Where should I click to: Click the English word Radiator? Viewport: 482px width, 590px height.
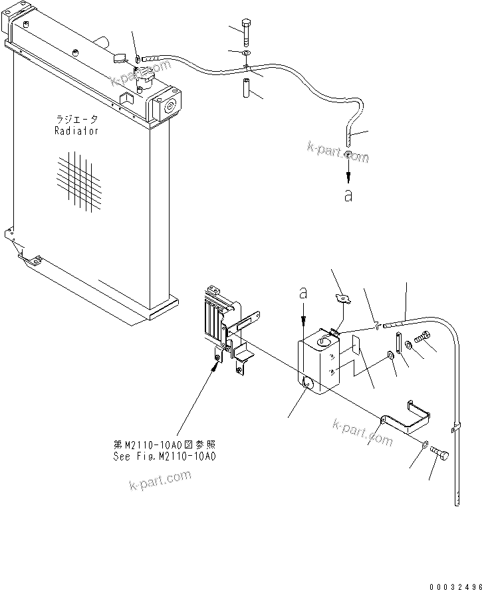pos(76,131)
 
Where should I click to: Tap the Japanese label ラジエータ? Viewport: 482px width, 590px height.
pos(76,120)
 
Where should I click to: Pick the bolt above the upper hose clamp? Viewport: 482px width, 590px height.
pos(246,31)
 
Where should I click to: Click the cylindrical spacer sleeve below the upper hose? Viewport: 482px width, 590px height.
pos(246,88)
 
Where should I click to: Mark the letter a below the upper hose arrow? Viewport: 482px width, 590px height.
pos(349,197)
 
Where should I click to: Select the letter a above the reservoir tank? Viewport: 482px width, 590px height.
pos(303,292)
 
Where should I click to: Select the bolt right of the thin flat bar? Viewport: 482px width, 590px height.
pos(425,340)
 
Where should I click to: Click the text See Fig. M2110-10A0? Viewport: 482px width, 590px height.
pos(165,456)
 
